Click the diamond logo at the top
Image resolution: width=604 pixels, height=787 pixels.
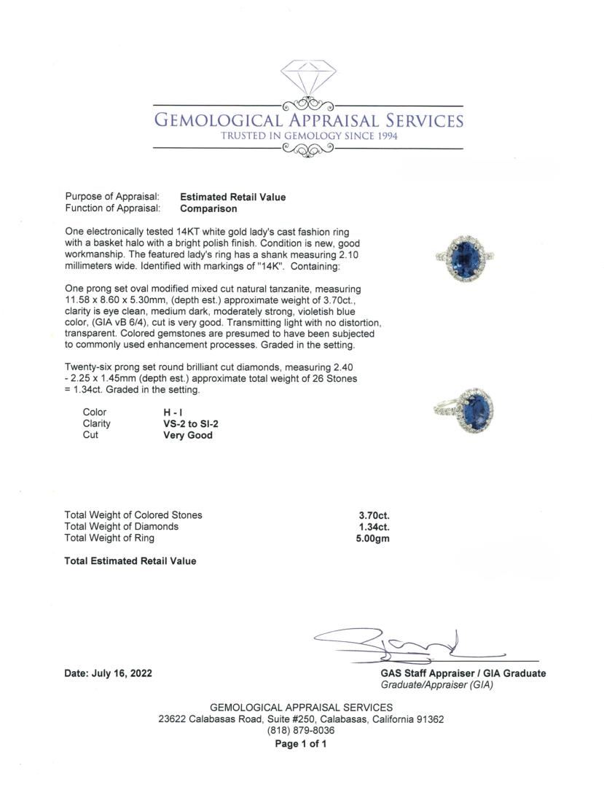tap(309, 78)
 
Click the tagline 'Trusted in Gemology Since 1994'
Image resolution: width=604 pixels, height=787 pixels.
tap(309, 136)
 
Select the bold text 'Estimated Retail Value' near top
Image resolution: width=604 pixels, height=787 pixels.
tap(233, 197)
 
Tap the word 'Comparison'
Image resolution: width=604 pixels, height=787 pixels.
tap(208, 208)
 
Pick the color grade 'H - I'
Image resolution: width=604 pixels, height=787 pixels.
tap(173, 412)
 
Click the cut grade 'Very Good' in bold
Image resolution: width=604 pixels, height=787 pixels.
tap(188, 435)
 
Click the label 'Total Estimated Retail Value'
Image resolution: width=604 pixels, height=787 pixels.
tap(130, 561)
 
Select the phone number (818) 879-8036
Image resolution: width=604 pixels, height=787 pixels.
tap(301, 731)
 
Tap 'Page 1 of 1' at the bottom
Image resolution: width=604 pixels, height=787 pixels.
tap(301, 744)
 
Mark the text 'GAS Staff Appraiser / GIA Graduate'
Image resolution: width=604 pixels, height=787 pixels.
tap(463, 674)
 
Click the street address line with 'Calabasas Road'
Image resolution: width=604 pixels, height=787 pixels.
tap(301, 719)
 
